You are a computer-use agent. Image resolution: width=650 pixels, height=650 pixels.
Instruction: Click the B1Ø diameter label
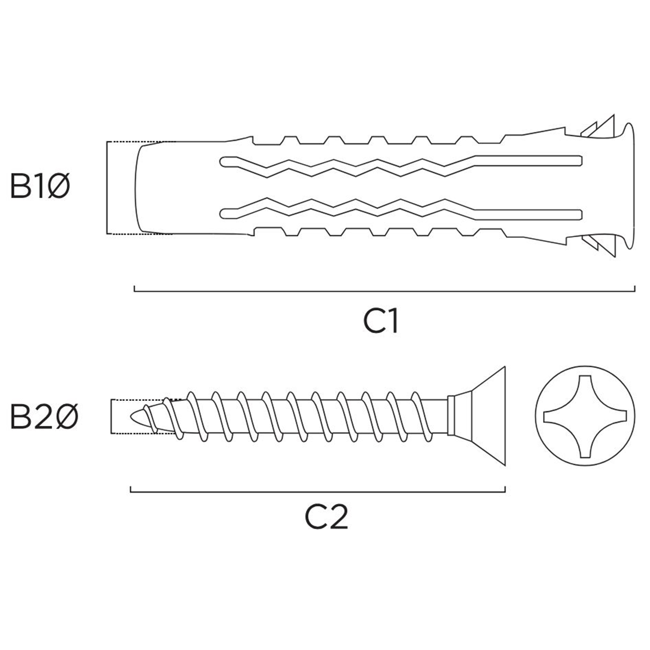tap(40, 186)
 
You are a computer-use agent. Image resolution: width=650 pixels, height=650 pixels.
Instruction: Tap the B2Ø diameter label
tap(44, 416)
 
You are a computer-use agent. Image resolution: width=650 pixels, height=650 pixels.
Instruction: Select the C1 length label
tap(380, 321)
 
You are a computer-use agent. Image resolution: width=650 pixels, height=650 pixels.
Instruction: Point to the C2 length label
tap(326, 517)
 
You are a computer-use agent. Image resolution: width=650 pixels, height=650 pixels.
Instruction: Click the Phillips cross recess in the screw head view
tap(585, 416)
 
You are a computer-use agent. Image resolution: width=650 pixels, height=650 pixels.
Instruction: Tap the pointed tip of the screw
tap(131, 416)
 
